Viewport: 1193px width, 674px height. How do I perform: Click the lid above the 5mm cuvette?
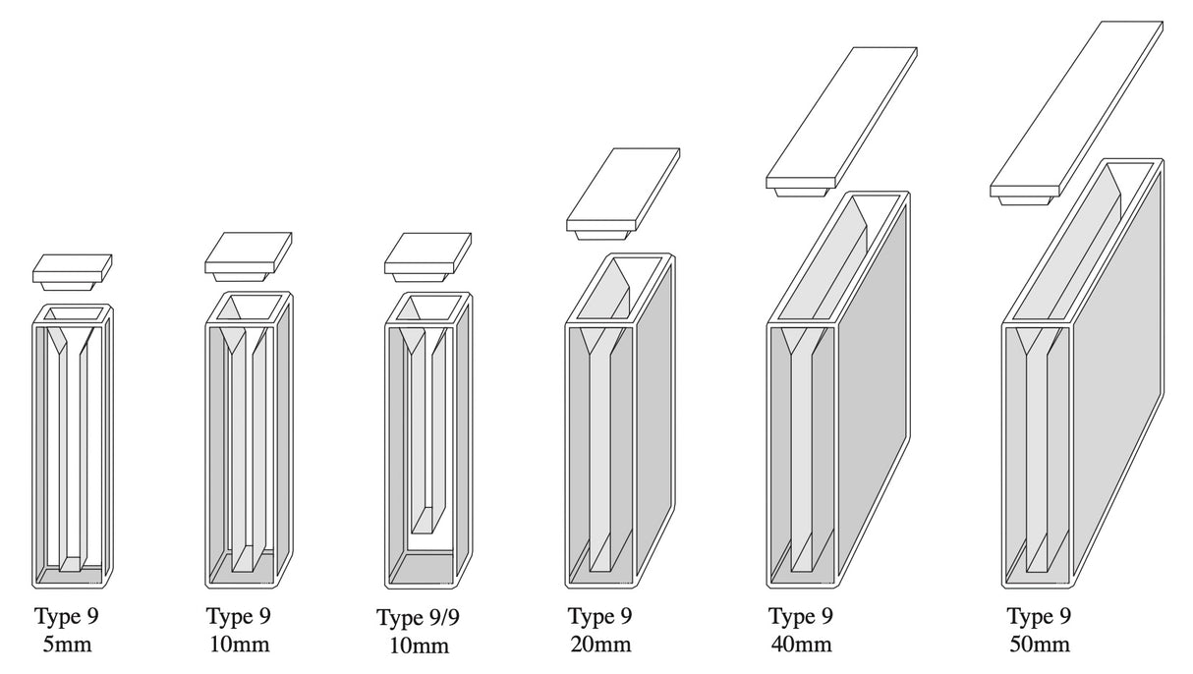pos(72,267)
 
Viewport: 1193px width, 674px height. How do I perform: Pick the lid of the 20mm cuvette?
pos(623,189)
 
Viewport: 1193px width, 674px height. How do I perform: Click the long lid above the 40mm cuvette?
pos(841,116)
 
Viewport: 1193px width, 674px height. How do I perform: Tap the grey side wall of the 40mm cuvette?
pos(875,393)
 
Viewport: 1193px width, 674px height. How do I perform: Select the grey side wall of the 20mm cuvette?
pos(654,413)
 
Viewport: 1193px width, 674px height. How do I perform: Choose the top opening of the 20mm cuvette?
pos(619,290)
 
